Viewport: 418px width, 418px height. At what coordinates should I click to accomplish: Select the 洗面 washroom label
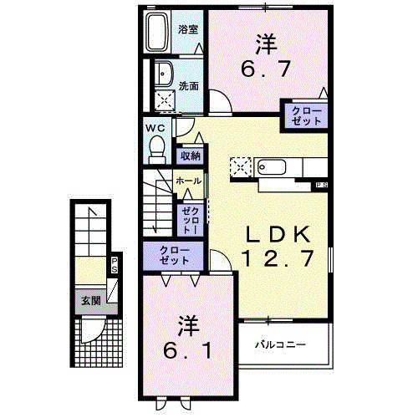(x=188, y=85)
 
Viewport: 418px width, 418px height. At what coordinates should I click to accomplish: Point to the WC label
(x=155, y=128)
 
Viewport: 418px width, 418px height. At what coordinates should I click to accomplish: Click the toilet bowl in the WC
(x=155, y=147)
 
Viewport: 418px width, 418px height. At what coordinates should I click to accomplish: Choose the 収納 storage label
(x=190, y=155)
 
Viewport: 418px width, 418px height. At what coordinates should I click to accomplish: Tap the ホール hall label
(x=187, y=181)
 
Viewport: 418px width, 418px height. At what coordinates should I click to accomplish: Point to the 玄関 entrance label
(x=90, y=299)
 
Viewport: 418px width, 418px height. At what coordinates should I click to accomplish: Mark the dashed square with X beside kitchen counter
(x=241, y=166)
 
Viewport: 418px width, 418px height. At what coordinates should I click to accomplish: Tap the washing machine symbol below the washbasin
(x=166, y=101)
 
